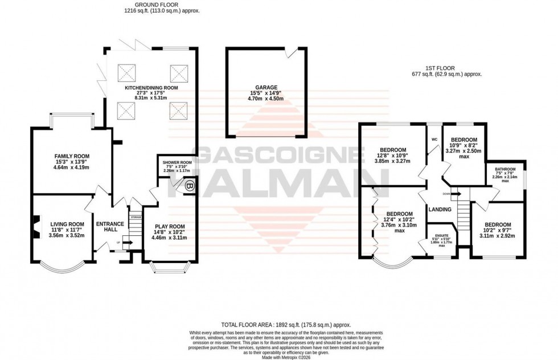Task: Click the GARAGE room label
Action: pos(266,87)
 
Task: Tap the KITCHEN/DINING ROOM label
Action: pos(151,88)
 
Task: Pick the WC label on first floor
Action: pos(434,139)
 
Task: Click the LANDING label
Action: pos(440,210)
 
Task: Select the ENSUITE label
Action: pos(442,235)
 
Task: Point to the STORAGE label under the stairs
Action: pos(136,217)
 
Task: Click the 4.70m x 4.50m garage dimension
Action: pos(266,99)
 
